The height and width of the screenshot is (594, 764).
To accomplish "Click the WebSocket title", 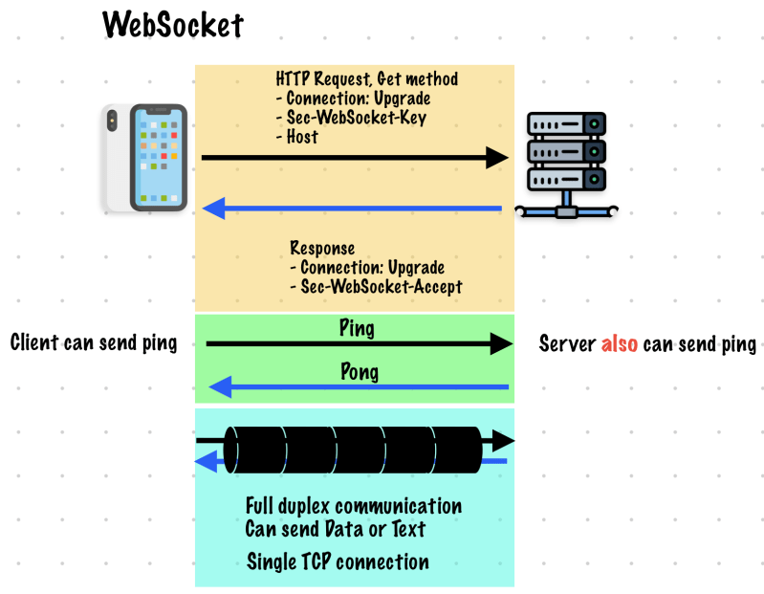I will click(174, 24).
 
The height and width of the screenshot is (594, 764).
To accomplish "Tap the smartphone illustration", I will click(147, 158).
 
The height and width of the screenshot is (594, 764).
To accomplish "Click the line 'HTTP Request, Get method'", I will click(367, 78).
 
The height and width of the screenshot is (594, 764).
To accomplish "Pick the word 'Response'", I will click(322, 248).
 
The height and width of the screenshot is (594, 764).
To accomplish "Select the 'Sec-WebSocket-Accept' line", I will click(376, 286).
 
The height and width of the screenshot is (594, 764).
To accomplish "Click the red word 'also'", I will click(620, 343).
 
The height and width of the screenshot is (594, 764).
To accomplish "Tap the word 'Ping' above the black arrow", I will click(357, 328).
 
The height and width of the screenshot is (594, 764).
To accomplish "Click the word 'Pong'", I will click(360, 371).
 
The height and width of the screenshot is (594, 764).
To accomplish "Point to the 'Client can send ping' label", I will click(94, 342).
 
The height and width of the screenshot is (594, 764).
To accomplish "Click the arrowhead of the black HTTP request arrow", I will click(498, 158).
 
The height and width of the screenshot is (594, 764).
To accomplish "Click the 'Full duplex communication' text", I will click(354, 505).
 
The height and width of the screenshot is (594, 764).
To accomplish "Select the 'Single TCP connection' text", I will click(338, 561).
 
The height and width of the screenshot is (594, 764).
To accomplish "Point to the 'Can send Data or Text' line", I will click(336, 528).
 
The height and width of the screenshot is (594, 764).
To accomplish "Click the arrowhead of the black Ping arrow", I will click(502, 343).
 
